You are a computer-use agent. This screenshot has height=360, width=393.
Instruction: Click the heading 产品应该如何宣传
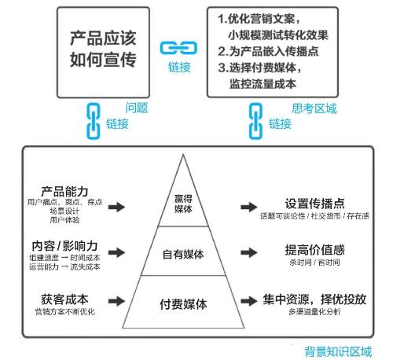pos(103,50)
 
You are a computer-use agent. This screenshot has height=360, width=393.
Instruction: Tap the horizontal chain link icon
pos(178,48)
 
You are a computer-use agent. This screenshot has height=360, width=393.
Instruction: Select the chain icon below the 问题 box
pos(94,121)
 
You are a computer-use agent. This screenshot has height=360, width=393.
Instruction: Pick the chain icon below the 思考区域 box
pos(255,121)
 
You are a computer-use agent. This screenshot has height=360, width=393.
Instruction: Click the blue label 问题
pos(137,108)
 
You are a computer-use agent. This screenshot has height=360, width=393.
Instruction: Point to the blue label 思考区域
pos(314,108)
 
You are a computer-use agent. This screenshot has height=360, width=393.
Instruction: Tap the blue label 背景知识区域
pos(338,351)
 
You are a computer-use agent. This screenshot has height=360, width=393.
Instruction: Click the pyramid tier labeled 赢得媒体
pos(183,204)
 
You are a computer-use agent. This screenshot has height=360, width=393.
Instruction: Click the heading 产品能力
pos(64,192)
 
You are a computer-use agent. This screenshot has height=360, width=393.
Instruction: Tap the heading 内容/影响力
pos(64,246)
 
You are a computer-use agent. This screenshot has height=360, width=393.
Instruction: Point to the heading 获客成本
pos(64,299)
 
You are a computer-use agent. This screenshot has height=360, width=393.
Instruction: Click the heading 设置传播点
pos(314,204)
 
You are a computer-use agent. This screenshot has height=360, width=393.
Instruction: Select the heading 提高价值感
pos(314,250)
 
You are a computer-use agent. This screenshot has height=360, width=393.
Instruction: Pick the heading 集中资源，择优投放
pos(314,299)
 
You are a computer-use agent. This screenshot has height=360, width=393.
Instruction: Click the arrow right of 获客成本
pos(116,301)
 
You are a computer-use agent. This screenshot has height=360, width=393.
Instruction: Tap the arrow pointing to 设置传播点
pos(249,207)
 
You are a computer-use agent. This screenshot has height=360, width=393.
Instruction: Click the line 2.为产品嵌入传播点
pos(268,51)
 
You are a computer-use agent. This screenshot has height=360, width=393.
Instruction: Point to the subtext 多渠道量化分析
pos(314,312)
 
